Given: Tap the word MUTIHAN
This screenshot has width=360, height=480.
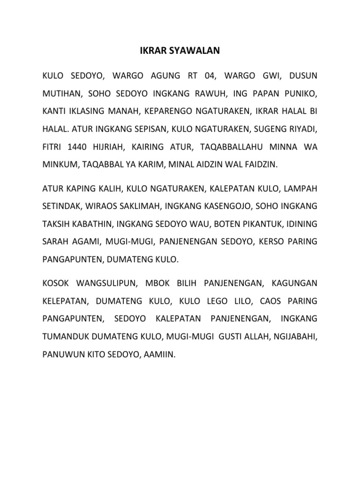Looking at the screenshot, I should pyautogui.click(x=61, y=93).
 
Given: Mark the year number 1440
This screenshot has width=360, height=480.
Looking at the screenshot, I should pyautogui.click(x=76, y=147).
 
